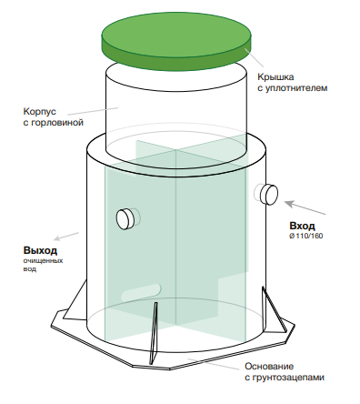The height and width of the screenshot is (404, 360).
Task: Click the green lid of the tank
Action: click(x=176, y=41)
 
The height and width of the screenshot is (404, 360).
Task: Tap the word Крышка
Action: click(x=275, y=77)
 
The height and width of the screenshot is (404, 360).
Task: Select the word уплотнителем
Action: click(x=296, y=88)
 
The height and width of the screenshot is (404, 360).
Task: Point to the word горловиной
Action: click(x=57, y=123)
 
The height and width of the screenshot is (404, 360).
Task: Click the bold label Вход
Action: click(x=302, y=226)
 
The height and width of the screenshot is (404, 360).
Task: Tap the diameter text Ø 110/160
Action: click(x=306, y=236)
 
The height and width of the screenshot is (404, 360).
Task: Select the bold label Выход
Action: click(x=40, y=250)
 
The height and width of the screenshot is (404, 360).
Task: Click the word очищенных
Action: click(x=43, y=260)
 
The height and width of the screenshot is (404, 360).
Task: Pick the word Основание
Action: click(x=269, y=366)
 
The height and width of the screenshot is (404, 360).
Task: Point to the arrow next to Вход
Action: click(x=305, y=207)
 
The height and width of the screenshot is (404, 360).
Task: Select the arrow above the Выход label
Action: click(x=66, y=237)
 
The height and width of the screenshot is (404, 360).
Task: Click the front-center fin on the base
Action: click(x=154, y=333)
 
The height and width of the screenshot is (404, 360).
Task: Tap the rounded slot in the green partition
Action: click(x=141, y=292)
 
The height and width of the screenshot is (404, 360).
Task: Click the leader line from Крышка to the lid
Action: click(x=254, y=57)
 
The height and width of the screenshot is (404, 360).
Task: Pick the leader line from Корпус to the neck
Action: click(x=93, y=111)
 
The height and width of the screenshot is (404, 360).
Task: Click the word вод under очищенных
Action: click(x=30, y=269)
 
